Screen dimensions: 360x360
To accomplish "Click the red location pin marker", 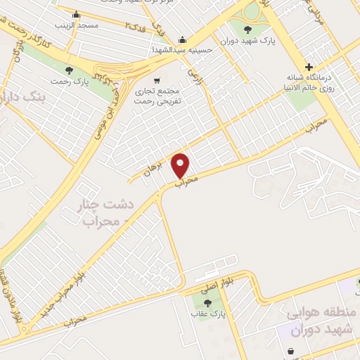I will (x=181, y=165).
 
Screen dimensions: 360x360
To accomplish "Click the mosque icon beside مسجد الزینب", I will (x=76, y=14).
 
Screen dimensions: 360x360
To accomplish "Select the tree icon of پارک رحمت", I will (x=70, y=70).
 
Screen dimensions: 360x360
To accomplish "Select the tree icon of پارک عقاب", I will (x=206, y=303).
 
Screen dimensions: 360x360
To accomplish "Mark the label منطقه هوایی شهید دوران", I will (x=322, y=320).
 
